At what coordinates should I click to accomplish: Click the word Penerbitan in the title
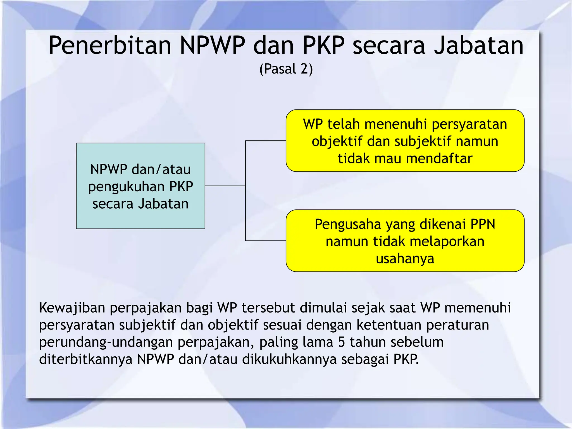(x=109, y=46)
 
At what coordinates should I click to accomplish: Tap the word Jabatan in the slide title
(x=478, y=46)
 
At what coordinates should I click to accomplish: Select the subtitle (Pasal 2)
(x=286, y=69)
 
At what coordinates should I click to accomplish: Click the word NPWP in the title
(x=212, y=46)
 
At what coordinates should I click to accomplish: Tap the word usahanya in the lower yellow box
(x=405, y=259)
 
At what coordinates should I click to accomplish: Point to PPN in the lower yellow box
(x=483, y=224)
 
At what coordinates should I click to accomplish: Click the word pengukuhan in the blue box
(x=126, y=187)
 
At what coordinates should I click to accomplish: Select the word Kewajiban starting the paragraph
(x=72, y=308)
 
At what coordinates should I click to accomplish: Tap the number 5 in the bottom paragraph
(x=341, y=342)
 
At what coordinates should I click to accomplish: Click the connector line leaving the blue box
(x=225, y=186)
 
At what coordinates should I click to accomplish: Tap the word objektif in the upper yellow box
(x=337, y=141)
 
